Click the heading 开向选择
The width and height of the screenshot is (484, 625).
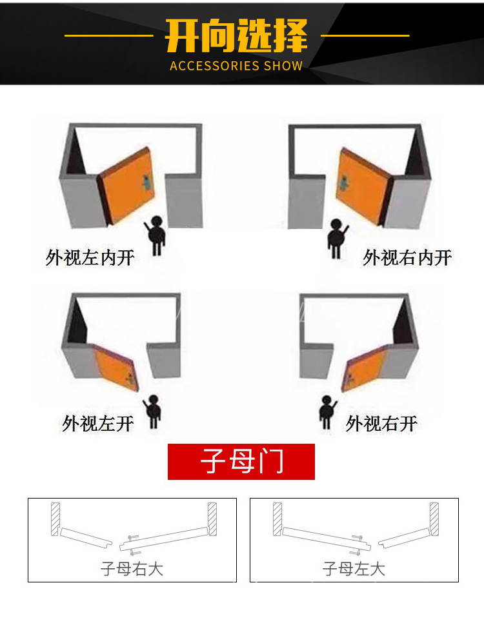point(236,37)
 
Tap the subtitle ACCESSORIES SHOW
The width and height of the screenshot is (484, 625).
point(236,66)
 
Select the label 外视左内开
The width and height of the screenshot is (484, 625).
point(90,258)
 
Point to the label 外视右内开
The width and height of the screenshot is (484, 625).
point(407,258)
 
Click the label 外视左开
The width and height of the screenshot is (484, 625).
point(98,424)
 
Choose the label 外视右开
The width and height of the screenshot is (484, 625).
point(381,424)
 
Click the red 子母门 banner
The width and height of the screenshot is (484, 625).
point(241,462)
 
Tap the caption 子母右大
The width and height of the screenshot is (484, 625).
point(132,569)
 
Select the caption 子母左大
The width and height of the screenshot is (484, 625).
point(354,569)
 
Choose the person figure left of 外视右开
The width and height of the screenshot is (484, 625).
point(327,413)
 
